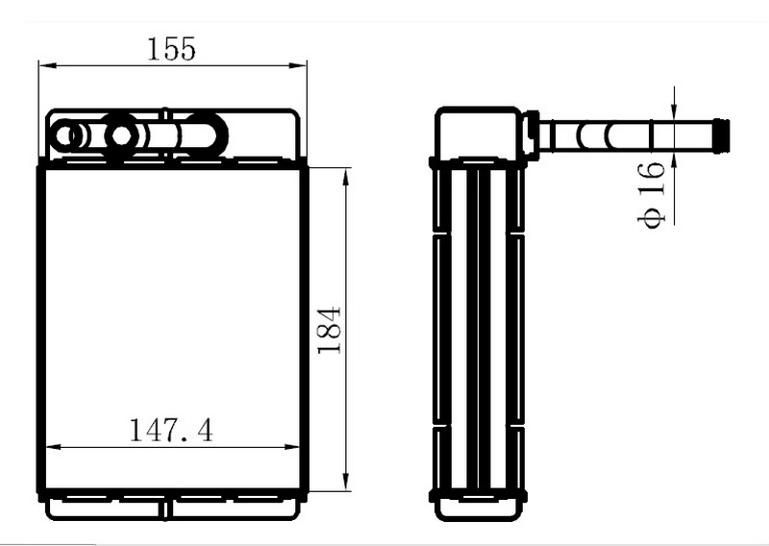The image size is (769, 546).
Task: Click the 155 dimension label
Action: [171, 49]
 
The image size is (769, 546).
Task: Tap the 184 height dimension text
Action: [330, 330]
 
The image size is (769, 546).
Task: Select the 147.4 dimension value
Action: [171, 431]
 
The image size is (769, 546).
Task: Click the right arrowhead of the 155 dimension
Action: [297, 65]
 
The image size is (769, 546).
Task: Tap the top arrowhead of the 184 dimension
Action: [346, 178]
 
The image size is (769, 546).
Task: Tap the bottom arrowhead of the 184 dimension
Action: [346, 482]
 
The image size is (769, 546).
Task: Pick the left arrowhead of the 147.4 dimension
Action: [54, 447]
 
